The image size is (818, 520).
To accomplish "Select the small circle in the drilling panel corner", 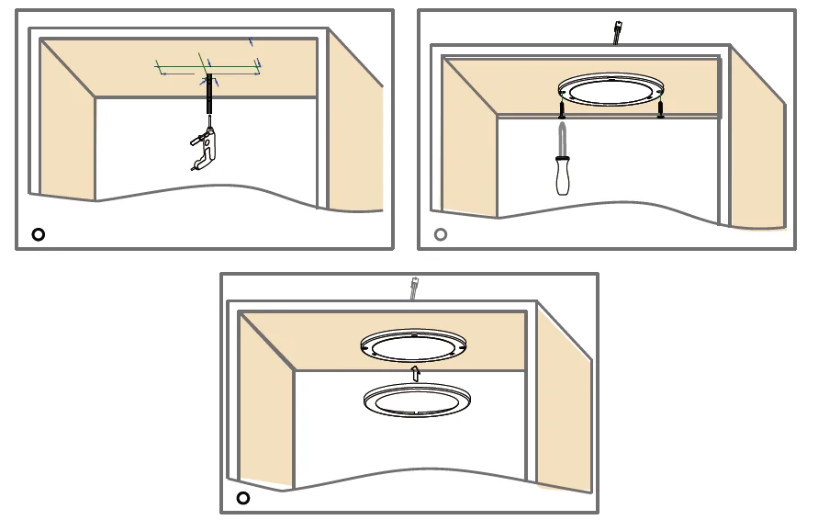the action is [38, 234].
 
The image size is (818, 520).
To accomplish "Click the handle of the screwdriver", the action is [562, 176].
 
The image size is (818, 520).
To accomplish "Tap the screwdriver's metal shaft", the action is [561, 138].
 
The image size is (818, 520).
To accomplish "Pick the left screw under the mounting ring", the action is [561, 110].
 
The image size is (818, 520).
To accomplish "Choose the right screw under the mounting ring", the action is [660, 109].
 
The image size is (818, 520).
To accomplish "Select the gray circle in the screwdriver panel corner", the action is [441, 234].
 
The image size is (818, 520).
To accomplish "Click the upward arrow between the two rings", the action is [415, 372].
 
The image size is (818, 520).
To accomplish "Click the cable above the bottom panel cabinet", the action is [415, 288].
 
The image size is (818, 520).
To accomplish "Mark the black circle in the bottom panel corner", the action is [243, 498].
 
